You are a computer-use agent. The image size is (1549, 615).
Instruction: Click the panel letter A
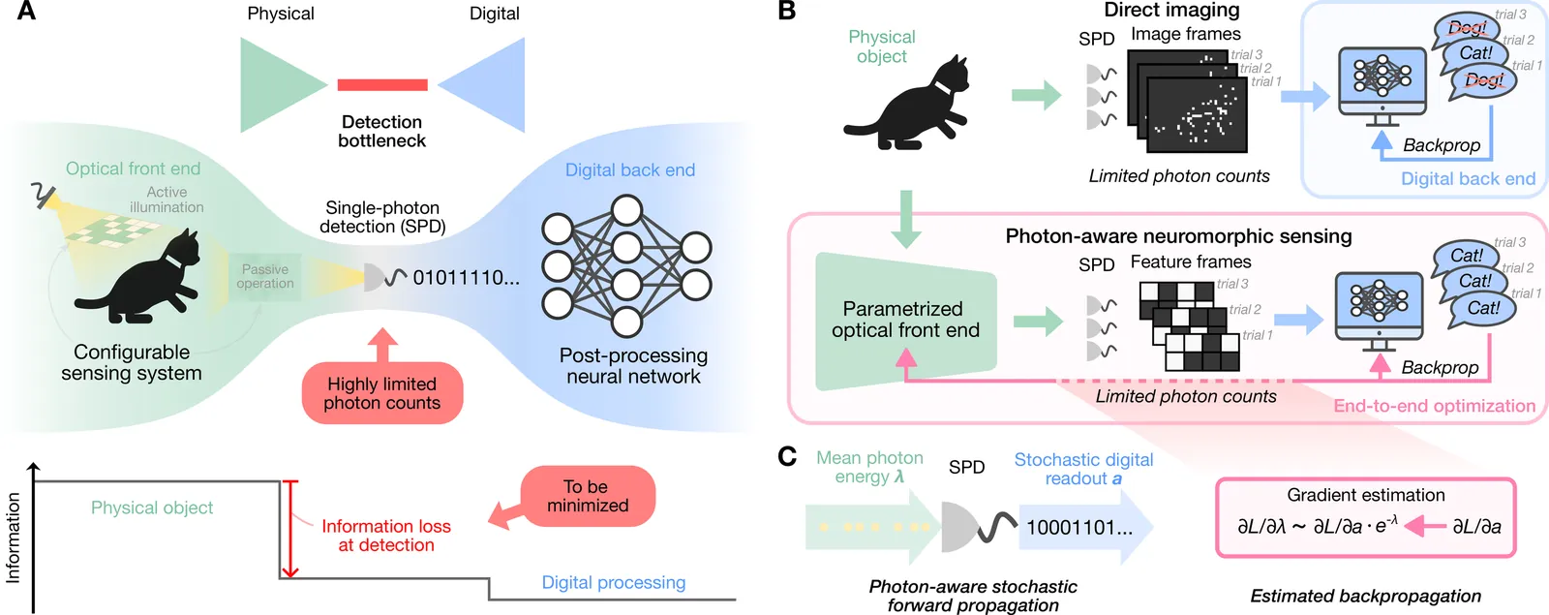coord(26,12)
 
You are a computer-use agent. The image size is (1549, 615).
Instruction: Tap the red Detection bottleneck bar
coord(382,85)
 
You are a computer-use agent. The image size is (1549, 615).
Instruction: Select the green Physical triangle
coord(276,85)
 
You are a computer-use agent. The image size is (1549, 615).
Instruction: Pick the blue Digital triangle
coord(490,85)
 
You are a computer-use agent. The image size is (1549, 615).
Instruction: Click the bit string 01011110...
coord(466,278)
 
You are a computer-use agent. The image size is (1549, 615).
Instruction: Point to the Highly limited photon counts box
coord(382,393)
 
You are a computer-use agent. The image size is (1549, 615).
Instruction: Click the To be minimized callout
coord(588,496)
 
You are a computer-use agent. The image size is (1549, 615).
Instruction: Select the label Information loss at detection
coord(386,536)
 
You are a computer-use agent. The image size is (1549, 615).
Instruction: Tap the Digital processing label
coord(613,582)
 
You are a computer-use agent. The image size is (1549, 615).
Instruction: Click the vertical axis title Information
coord(14,538)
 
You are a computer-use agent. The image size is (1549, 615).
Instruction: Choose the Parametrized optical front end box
coord(905,321)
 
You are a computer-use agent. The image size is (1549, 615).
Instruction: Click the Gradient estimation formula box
coord(1365,517)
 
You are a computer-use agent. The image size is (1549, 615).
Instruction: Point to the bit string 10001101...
coord(1078,528)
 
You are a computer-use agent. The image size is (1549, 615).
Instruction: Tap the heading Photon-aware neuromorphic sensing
coord(1178,236)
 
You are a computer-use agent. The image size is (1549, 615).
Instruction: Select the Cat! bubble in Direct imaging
coord(1475,53)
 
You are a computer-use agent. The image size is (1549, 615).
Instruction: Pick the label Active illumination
coord(167,200)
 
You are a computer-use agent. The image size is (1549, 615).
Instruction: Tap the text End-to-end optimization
coord(1434,406)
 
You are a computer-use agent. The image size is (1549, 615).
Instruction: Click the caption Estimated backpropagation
coord(1365,596)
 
